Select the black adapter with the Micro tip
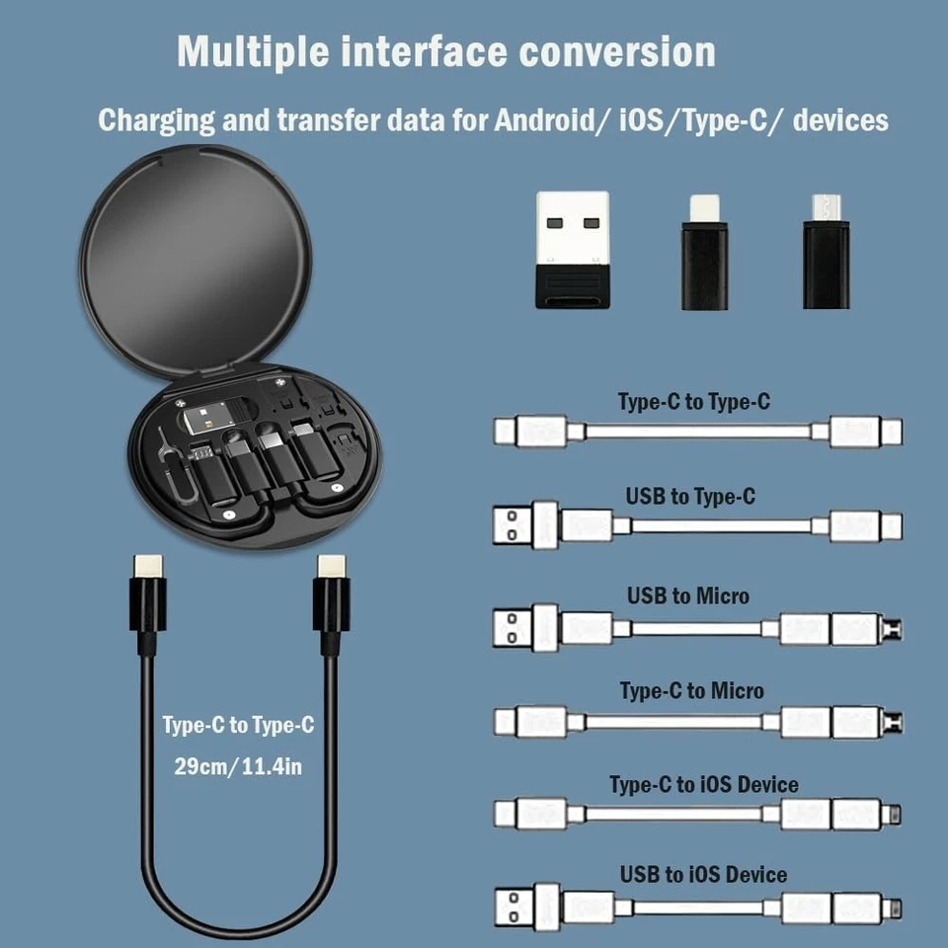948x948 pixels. coord(826,252)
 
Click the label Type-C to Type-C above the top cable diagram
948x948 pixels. coord(693,403)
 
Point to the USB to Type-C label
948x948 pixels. coord(690,497)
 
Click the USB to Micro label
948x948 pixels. coord(687,596)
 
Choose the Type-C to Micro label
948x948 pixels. coord(691,691)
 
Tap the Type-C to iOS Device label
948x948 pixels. coord(703,785)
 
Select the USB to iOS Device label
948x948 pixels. coord(703,875)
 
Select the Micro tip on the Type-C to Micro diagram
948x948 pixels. coord(894,722)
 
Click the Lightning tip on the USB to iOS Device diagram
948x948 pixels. coord(894,907)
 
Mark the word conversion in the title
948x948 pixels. coord(616,51)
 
